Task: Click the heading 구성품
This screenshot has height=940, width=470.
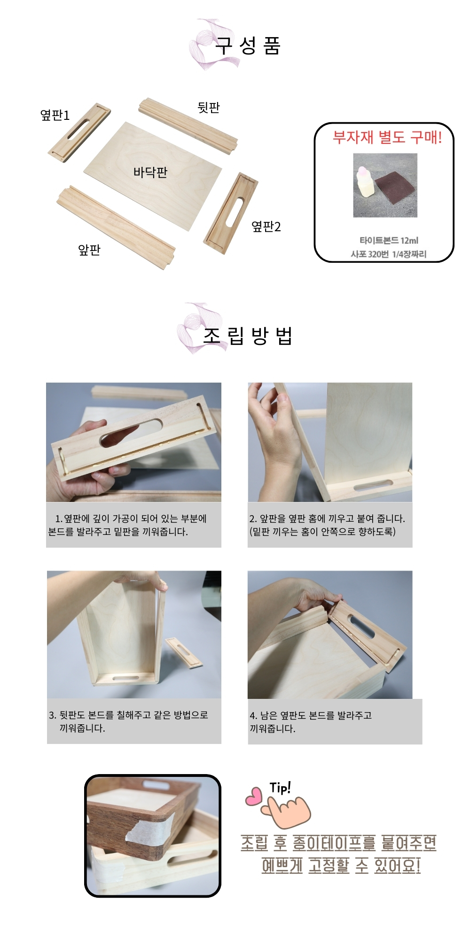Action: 248,46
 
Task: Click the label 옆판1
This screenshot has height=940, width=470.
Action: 55,115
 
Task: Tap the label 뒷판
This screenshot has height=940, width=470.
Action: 209,107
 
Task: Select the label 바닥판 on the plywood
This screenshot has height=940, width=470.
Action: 150,172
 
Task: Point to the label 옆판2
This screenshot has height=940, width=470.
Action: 266,227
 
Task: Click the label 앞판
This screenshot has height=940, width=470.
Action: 89,250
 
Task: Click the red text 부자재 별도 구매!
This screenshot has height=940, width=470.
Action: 387,137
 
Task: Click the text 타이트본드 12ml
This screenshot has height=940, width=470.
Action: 389,241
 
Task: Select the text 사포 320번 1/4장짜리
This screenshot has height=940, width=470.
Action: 389,254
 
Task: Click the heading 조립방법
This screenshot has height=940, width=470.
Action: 248,336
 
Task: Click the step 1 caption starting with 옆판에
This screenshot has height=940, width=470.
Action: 127,525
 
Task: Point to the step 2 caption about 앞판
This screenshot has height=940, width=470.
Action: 327,525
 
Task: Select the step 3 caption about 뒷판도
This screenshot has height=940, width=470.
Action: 128,721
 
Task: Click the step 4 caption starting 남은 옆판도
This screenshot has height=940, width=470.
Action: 311,722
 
